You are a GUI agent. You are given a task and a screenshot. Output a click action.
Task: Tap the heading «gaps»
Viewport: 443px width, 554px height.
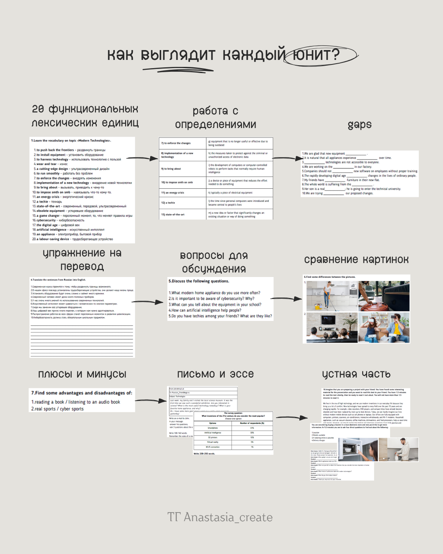pyautogui.click(x=359, y=125)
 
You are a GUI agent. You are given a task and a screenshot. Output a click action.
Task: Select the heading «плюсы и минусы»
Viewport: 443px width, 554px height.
pyautogui.click(x=82, y=374)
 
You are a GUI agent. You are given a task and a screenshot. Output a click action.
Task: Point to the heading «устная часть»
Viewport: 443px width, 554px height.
pyautogui.click(x=356, y=374)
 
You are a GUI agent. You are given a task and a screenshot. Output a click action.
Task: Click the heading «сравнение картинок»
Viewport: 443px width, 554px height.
pyautogui.click(x=356, y=260)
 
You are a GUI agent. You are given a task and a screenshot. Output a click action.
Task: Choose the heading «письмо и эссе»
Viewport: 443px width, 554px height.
pyautogui.click(x=215, y=374)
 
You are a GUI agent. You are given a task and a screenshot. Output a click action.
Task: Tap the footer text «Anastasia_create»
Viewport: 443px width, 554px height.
pyautogui.click(x=228, y=517)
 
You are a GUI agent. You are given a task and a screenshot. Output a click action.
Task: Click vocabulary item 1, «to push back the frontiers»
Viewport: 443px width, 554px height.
pyautogui.click(x=70, y=150)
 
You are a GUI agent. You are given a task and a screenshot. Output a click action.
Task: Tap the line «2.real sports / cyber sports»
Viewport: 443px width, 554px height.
pyautogui.click(x=57, y=409)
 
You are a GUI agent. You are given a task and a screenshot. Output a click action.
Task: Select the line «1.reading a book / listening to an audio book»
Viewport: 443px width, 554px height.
pyautogui.click(x=76, y=402)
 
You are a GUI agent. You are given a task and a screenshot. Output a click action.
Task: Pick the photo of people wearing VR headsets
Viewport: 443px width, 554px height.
pyautogui.click(x=384, y=327)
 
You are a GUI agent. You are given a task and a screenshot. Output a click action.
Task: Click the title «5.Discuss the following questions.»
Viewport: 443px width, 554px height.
pyautogui.click(x=199, y=281)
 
